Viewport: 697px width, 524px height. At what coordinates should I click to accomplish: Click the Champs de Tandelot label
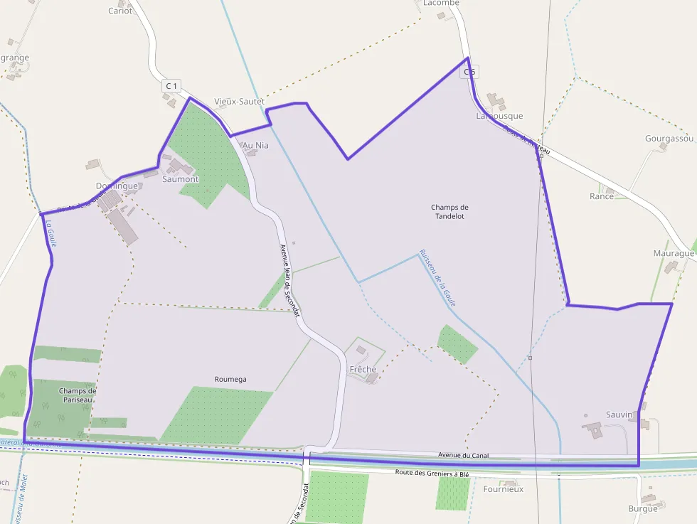(449, 211)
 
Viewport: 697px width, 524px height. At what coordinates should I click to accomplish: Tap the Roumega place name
(230, 379)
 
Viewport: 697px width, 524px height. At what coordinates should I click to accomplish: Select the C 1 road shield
(171, 86)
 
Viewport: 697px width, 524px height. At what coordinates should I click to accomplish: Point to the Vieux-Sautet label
(239, 102)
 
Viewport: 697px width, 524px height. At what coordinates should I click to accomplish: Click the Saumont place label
(181, 179)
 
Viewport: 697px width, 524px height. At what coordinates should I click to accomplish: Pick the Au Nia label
(256, 145)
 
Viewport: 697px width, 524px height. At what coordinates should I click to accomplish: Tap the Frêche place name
(363, 369)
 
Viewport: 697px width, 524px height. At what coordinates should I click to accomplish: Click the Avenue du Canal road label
(463, 455)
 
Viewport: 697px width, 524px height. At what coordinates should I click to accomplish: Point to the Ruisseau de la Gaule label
(437, 277)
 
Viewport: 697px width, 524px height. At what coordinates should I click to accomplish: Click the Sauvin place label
(619, 414)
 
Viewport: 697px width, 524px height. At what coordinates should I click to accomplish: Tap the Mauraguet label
(674, 253)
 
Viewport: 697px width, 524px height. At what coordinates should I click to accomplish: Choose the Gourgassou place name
(669, 138)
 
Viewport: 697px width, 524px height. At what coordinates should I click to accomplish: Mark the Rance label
(602, 196)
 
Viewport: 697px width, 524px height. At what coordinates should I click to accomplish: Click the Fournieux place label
(503, 489)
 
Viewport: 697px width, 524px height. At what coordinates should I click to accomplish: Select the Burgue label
(643, 508)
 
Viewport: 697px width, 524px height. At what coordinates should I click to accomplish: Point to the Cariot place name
(120, 11)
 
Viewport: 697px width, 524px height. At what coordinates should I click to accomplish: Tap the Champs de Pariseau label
(77, 395)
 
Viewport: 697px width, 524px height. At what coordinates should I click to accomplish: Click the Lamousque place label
(499, 116)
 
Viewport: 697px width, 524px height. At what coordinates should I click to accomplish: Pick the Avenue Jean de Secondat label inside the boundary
(290, 280)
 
